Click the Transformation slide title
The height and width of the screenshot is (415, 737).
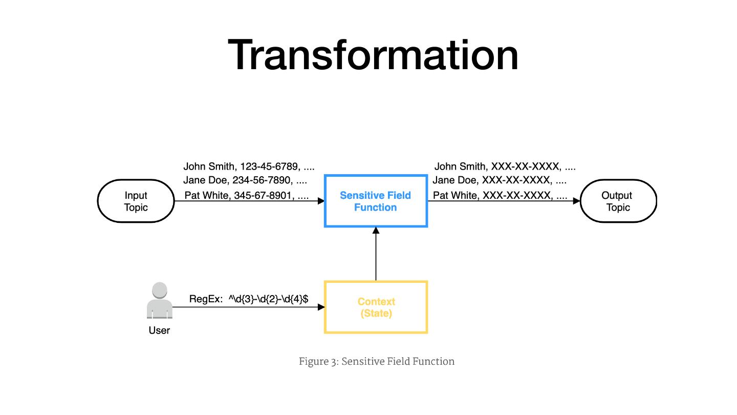pyautogui.click(x=373, y=55)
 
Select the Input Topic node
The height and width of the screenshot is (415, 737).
pyautogui.click(x=136, y=201)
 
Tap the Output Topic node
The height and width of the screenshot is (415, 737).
pyautogui.click(x=617, y=201)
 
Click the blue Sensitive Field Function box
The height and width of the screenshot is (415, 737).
pyautogui.click(x=376, y=201)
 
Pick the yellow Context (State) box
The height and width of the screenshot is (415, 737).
pyautogui.click(x=376, y=307)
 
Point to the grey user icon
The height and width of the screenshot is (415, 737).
pyautogui.click(x=159, y=300)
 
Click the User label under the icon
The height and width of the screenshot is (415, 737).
pyautogui.click(x=159, y=330)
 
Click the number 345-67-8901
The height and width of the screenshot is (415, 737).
pyautogui.click(x=263, y=195)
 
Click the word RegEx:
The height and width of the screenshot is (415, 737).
pyautogui.click(x=206, y=299)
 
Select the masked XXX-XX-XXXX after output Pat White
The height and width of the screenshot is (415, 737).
pyautogui.click(x=517, y=195)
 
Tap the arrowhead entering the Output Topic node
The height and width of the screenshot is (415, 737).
pyautogui.click(x=576, y=201)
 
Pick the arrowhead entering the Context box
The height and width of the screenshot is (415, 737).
pyautogui.click(x=321, y=307)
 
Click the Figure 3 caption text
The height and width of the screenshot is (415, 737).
pyautogui.click(x=377, y=362)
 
